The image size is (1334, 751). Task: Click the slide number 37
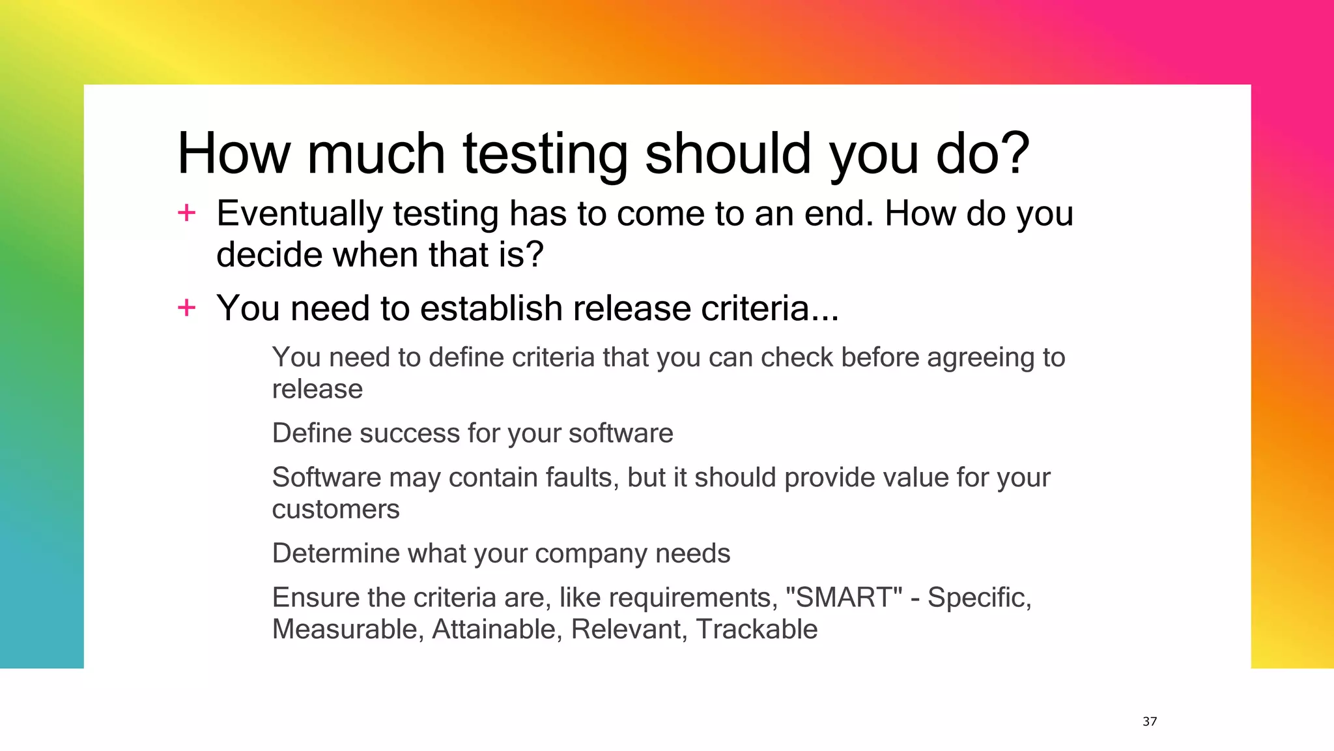pyautogui.click(x=1150, y=721)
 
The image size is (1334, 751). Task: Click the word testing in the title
pyautogui.click(x=545, y=154)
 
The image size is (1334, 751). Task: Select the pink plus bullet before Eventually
pyautogui.click(x=187, y=213)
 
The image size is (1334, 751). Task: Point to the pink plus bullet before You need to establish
pyautogui.click(x=187, y=307)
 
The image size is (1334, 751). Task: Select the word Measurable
pyautogui.click(x=345, y=629)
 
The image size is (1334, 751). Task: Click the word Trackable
pyautogui.click(x=756, y=629)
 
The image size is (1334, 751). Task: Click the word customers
pyautogui.click(x=335, y=509)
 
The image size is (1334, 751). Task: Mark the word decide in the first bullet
pyautogui.click(x=270, y=255)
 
